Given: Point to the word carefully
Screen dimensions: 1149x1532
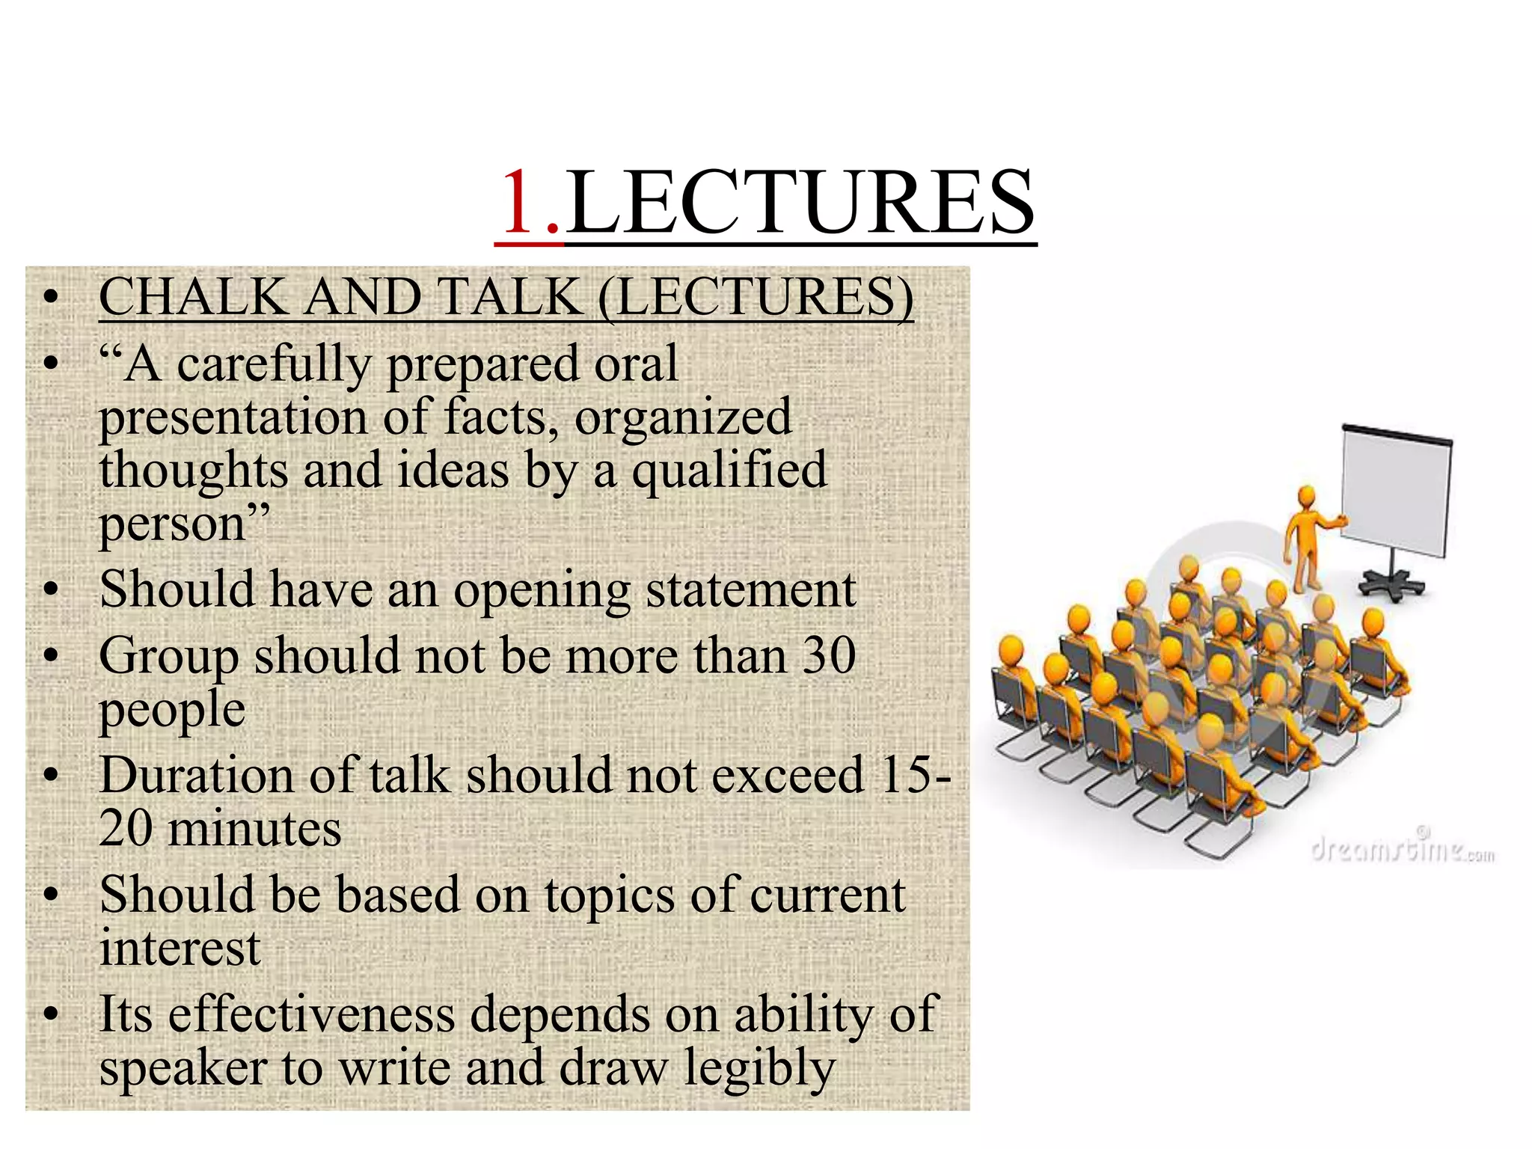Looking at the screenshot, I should pyautogui.click(x=274, y=365).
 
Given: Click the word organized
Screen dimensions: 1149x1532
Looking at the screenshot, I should pyautogui.click(x=683, y=417).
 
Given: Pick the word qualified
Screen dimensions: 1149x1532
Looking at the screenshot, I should pyautogui.click(x=729, y=471).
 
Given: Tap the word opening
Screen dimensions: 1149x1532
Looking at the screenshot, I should pyautogui.click(x=542, y=591).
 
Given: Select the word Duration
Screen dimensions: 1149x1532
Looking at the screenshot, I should pyautogui.click(x=197, y=775).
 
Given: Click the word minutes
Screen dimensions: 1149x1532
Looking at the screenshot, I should pyautogui.click(x=254, y=829).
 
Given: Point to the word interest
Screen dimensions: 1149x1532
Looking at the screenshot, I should pyautogui.click(x=180, y=949).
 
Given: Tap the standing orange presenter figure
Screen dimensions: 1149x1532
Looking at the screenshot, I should pyautogui.click(x=1310, y=539).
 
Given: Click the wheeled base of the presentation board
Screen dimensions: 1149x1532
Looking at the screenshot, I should pyautogui.click(x=1391, y=583).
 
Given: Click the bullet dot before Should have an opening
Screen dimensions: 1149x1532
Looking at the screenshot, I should pyautogui.click(x=50, y=590).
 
